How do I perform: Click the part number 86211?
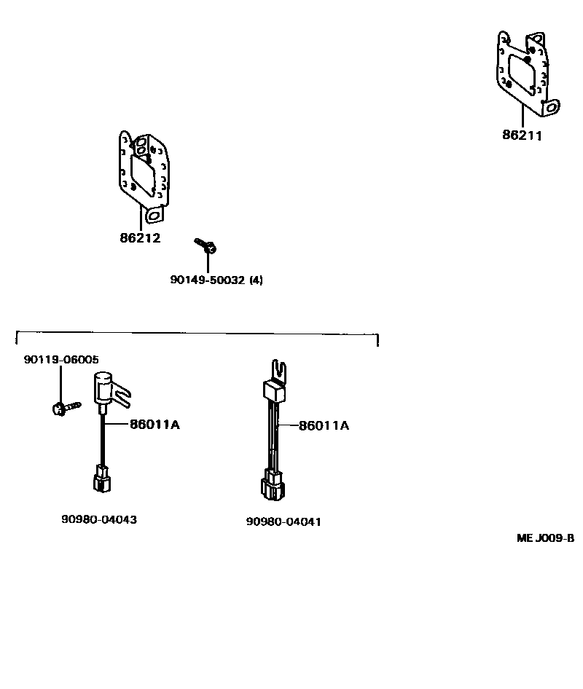[x=522, y=135]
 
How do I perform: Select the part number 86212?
[x=140, y=238]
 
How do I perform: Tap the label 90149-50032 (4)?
[x=216, y=280]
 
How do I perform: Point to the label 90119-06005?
[x=61, y=359]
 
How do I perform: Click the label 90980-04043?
[x=99, y=519]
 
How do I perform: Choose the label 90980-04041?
[x=283, y=521]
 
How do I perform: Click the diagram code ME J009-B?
[x=545, y=539]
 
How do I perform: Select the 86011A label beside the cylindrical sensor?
[x=154, y=425]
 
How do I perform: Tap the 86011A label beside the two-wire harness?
[x=324, y=425]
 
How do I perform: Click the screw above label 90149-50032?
[x=205, y=245]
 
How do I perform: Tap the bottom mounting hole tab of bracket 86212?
[x=153, y=216]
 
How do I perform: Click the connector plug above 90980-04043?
[x=100, y=481]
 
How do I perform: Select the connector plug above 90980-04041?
[x=273, y=487]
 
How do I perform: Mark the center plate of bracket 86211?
[x=523, y=71]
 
